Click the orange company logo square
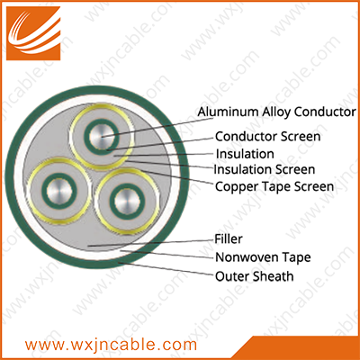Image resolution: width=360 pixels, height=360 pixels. point(33,33)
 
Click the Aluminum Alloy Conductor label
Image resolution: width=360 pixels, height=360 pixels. point(276,112)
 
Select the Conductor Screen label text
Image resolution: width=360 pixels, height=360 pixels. point(268,137)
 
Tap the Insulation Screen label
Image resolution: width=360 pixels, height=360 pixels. point(265,169)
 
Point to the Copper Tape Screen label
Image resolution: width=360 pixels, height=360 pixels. point(274,186)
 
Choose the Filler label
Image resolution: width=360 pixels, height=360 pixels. point(229,239)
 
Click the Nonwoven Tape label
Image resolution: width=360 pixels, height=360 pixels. point(263,257)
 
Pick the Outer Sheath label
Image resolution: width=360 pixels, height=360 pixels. point(255,276)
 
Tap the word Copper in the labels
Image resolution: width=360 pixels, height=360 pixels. point(237,187)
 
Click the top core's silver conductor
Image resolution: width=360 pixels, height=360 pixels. point(102,136)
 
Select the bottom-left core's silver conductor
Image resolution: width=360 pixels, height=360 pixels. point(59,192)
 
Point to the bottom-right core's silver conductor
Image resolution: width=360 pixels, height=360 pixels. point(127,201)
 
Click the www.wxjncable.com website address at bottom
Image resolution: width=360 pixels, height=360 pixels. point(111,345)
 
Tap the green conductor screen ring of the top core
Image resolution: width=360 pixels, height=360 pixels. point(102,121)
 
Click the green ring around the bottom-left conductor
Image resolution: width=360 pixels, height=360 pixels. point(59,176)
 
